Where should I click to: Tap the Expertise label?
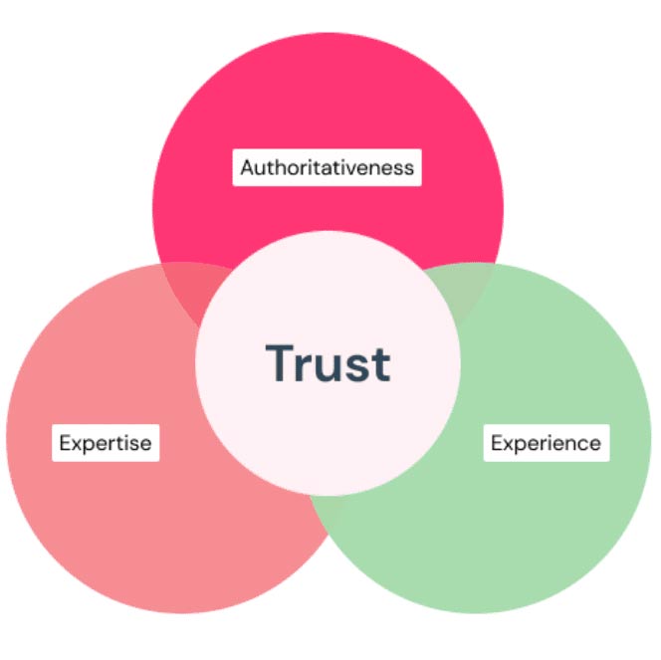pyautogui.click(x=106, y=442)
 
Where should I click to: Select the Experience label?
pyautogui.click(x=546, y=441)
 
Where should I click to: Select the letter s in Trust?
pyautogui.click(x=355, y=367)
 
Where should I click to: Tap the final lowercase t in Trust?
pyautogui.click(x=379, y=364)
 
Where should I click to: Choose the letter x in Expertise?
pyautogui.click(x=77, y=443)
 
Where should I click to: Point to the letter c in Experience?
pyautogui.click(x=579, y=442)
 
